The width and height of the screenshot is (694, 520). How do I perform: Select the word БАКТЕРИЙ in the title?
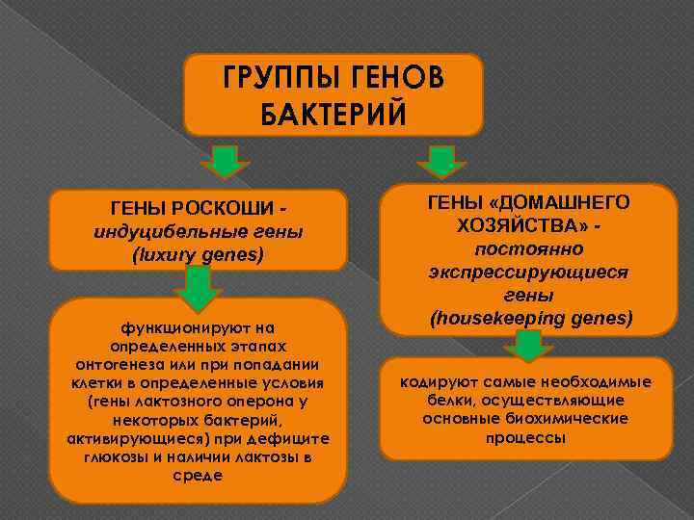[334, 114]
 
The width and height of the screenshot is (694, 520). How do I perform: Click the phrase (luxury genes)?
[198, 255]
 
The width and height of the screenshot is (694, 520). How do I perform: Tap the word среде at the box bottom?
[198, 474]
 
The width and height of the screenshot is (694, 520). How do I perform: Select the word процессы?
[525, 437]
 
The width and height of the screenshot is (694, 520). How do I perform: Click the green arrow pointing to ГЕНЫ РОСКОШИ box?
[225, 161]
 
